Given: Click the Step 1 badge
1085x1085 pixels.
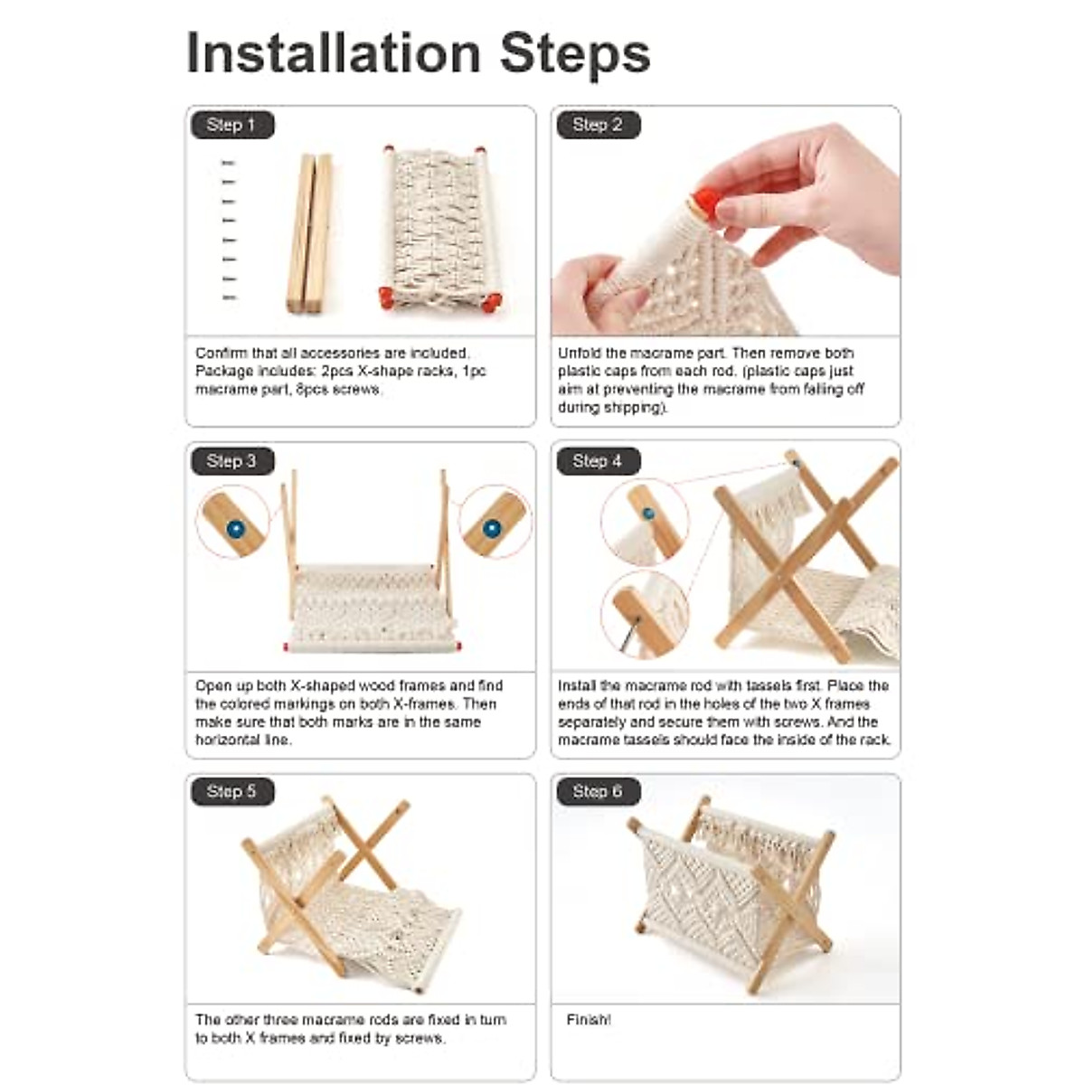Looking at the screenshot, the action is pyautogui.click(x=232, y=125).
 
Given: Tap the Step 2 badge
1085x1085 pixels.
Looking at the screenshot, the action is pyautogui.click(x=598, y=125).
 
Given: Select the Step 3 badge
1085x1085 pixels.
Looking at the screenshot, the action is pyautogui.click(x=232, y=461).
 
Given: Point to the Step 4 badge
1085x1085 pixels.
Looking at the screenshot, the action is pyautogui.click(x=598, y=461).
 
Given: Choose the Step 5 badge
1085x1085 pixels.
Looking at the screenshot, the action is pyautogui.click(x=232, y=791).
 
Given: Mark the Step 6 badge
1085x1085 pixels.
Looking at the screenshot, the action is pyautogui.click(x=598, y=791).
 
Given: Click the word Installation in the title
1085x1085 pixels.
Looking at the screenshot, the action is pyautogui.click(x=334, y=53).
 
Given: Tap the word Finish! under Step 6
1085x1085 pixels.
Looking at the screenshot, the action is pyautogui.click(x=589, y=1020).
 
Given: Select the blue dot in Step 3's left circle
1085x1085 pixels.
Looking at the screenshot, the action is pyautogui.click(x=236, y=529).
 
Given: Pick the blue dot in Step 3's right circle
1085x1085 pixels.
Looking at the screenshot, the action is pyautogui.click(x=492, y=529).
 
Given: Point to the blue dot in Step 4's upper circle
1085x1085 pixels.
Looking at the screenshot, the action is pyautogui.click(x=648, y=514).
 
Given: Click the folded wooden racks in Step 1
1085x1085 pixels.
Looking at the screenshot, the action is pyautogui.click(x=310, y=232).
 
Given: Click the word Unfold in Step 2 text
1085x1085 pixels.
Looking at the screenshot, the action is pyautogui.click(x=579, y=353).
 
